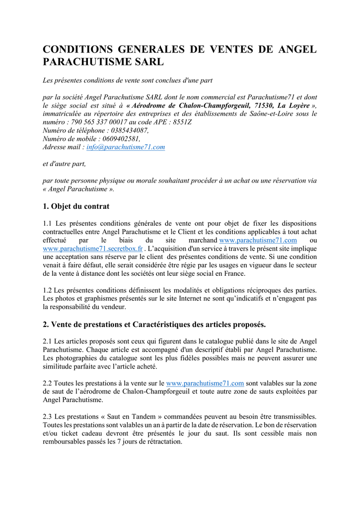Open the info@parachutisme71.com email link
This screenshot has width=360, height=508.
(x=126, y=147)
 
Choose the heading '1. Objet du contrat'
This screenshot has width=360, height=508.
(x=76, y=206)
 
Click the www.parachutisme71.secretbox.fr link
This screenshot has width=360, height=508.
(x=93, y=249)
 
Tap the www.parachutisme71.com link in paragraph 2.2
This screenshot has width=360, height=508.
(x=205, y=383)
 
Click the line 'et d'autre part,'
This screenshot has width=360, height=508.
(x=64, y=164)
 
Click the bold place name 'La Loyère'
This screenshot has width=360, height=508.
(x=293, y=106)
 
